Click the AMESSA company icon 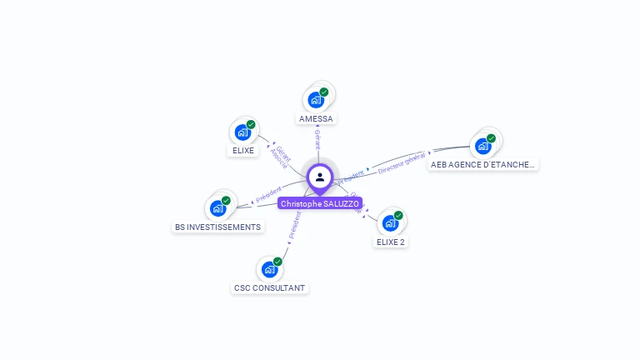point(316,100)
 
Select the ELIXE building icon point(242,132)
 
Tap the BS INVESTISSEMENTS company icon point(217,207)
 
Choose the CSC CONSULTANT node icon point(269,269)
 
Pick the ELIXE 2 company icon point(390,222)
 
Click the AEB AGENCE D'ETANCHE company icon point(482,146)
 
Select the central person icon point(320,177)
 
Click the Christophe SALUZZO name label point(320,203)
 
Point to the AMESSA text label point(316,119)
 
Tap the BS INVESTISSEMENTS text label point(217,227)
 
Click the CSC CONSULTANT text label point(269,288)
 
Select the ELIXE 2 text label point(390,242)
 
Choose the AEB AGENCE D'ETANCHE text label point(482,165)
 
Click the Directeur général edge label point(402,163)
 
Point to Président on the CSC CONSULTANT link point(293,225)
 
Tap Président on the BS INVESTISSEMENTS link point(268,195)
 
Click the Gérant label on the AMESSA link point(317,140)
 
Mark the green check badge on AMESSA point(324,92)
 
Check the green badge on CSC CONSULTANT point(277,262)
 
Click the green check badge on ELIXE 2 point(398,215)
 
